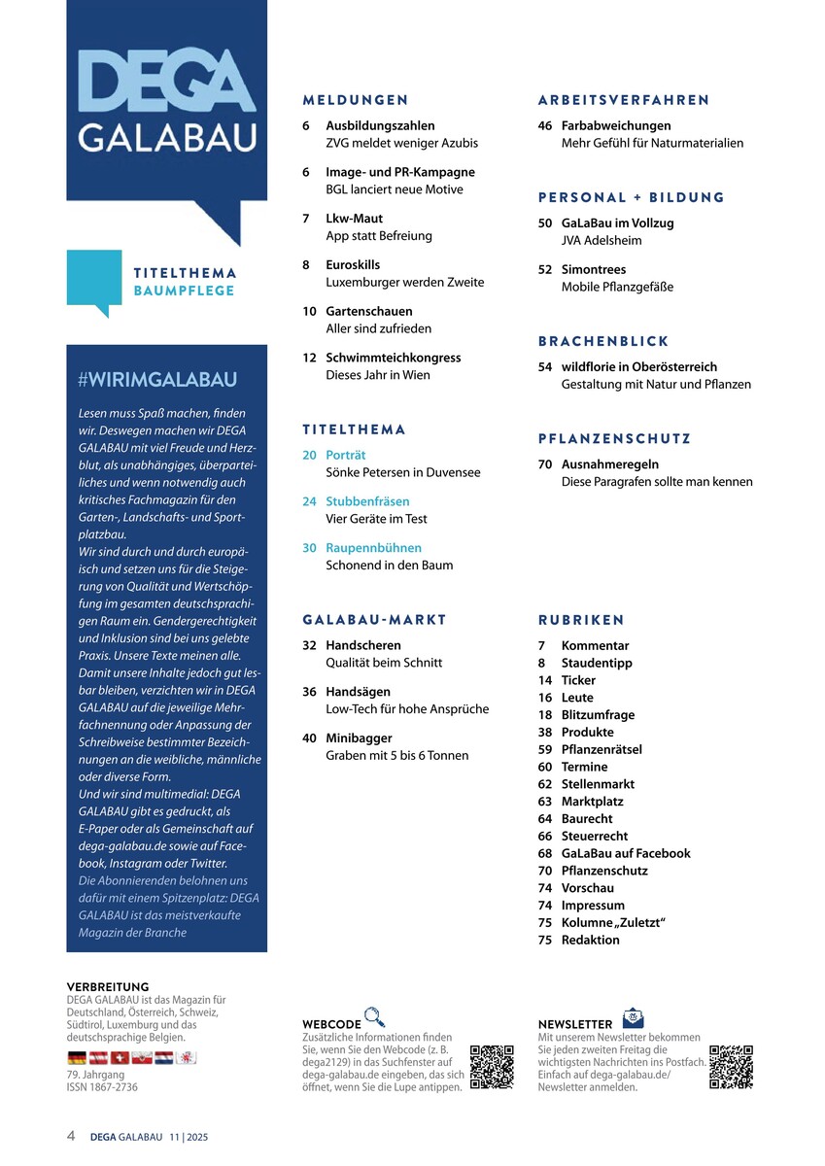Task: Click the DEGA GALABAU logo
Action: coord(166,102)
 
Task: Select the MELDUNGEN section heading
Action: coord(355,100)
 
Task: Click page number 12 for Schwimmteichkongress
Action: coord(309,358)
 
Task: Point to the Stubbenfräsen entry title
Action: coord(367,501)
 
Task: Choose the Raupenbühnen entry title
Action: coord(373,548)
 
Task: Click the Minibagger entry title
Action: coord(359,737)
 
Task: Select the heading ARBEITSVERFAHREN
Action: coord(623,100)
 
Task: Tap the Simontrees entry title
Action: coord(594,269)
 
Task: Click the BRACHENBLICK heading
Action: coord(603,341)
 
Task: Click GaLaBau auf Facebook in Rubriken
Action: coord(626,853)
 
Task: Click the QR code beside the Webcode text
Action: coord(491,1066)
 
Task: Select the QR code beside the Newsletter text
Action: coord(731,1066)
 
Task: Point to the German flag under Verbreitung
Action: coord(77,1057)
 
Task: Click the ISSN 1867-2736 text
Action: coord(102,1087)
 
